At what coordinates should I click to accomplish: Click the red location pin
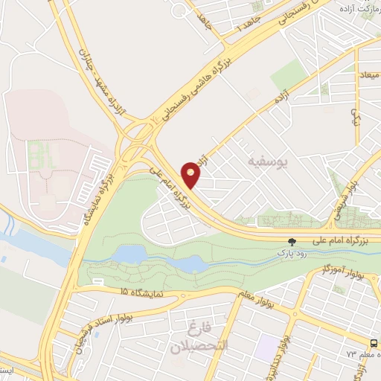tap(193, 174)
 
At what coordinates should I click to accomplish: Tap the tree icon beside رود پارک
tap(292, 242)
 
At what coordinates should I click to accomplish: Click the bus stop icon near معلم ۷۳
tap(373, 342)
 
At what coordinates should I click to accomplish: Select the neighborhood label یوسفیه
tap(266, 160)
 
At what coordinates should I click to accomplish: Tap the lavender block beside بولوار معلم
tap(266, 345)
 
